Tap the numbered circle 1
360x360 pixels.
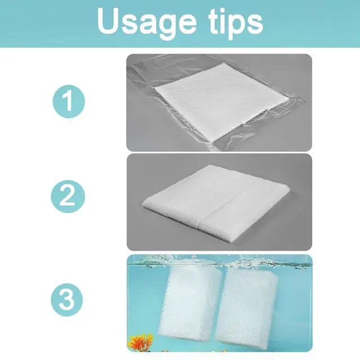[69, 101]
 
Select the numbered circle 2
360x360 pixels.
[67, 196]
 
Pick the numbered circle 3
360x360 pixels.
[67, 300]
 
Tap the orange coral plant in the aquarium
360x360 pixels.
[141, 343]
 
